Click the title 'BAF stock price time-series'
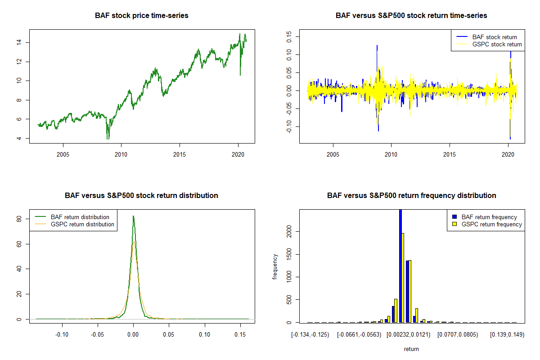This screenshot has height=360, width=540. [x=142, y=16]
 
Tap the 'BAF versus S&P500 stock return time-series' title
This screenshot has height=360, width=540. [x=411, y=16]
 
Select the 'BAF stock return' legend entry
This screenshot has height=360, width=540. [x=494, y=37]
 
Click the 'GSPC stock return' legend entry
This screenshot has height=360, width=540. [x=497, y=44]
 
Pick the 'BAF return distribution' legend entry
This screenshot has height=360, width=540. [x=80, y=217]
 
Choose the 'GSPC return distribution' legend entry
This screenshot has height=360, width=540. [x=82, y=224]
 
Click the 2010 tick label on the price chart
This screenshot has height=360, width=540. [x=121, y=154]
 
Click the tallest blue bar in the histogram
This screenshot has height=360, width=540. [x=400, y=265]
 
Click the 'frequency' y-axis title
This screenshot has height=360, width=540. [x=275, y=266]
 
